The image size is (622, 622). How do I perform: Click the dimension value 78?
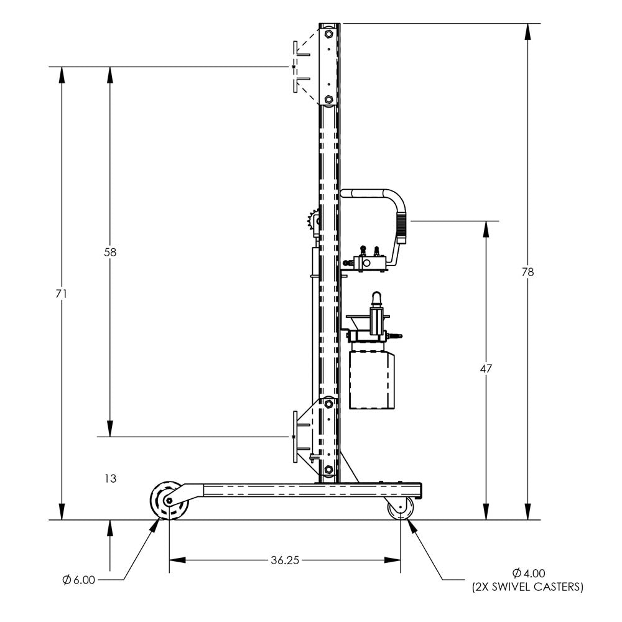528,272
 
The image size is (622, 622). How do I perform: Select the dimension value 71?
61,293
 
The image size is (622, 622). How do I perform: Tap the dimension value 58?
111,252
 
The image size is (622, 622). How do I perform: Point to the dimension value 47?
486,368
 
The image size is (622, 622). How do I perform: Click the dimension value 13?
110,478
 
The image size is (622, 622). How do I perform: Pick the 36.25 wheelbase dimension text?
285,560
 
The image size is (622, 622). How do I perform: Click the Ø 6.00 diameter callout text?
79,580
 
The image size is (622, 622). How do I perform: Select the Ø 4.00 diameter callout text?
528,573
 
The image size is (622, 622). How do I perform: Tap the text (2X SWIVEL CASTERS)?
528,587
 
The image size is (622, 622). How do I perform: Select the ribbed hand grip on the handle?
402,229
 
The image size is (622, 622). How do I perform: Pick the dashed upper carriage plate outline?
295,67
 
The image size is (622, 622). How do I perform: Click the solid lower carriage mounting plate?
294,437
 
